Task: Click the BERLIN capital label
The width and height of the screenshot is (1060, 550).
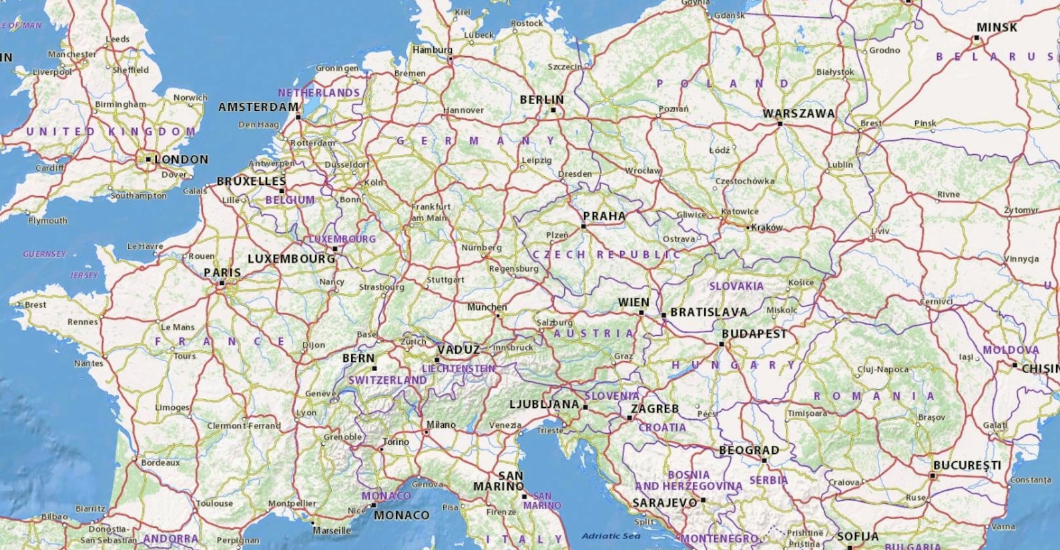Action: tap(541, 99)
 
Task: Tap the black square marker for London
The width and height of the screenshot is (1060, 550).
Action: tap(148, 159)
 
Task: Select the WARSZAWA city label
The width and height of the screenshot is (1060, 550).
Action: tap(798, 113)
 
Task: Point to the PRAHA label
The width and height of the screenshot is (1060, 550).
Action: tap(604, 216)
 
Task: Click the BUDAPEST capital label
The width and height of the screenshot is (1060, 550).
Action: tap(754, 333)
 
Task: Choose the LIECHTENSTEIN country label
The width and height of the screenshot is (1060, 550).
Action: tap(458, 368)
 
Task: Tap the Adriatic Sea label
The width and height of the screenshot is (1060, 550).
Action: tap(611, 535)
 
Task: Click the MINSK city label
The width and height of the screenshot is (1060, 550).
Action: tap(997, 27)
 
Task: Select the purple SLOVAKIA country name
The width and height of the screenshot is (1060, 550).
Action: tap(736, 286)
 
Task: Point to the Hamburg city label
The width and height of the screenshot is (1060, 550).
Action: tap(432, 49)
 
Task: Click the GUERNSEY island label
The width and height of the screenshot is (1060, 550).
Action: tap(44, 254)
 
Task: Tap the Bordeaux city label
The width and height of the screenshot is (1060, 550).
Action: tap(160, 462)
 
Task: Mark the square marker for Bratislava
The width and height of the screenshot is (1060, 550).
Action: tap(664, 315)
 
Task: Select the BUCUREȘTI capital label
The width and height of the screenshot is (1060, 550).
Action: tap(967, 465)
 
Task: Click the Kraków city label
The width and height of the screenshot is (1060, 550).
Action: tap(766, 228)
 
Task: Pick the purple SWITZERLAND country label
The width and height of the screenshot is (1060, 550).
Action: tap(387, 380)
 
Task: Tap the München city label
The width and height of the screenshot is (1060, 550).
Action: tap(487, 307)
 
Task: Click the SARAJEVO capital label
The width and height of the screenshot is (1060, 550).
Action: tap(664, 502)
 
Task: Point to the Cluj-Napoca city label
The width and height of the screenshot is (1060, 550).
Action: tap(882, 369)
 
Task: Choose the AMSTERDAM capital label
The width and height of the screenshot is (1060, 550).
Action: tap(258, 107)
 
